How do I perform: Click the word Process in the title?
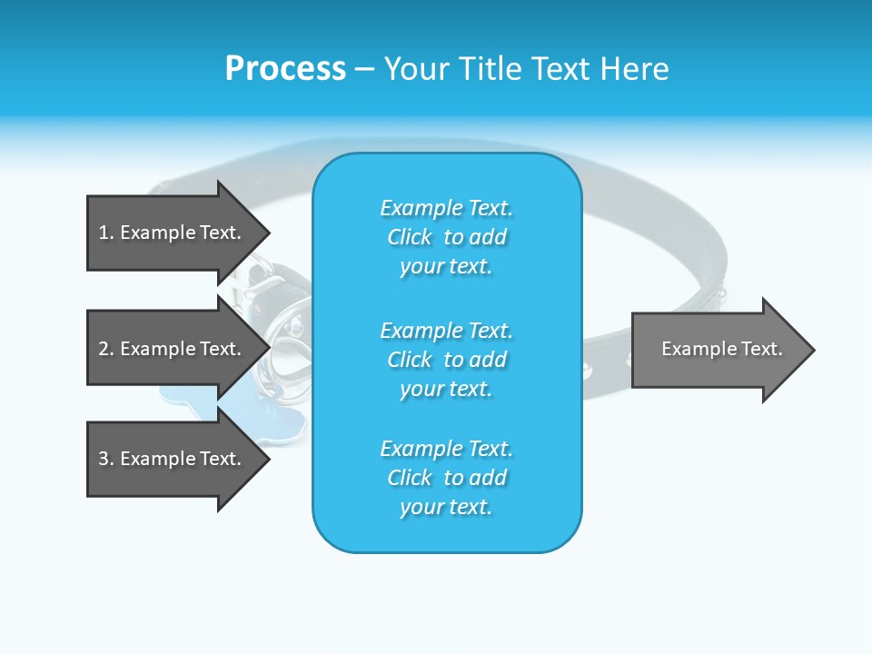[285, 69]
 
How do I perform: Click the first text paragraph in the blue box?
[446, 237]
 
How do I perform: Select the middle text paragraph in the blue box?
[446, 359]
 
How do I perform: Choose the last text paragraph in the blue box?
[446, 478]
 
